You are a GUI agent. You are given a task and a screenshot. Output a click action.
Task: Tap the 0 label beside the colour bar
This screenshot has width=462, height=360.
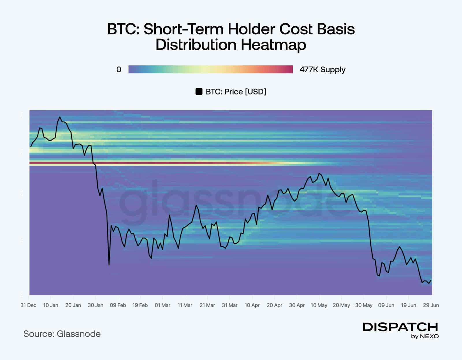[119, 70]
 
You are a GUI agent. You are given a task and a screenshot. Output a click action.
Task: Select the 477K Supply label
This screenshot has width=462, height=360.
[322, 70]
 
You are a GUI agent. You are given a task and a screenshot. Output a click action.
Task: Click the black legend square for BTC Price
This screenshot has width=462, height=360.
[199, 92]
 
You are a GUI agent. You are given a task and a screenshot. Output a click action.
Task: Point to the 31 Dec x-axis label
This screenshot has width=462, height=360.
[28, 305]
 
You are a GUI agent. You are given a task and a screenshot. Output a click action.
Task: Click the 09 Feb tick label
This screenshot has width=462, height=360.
[118, 305]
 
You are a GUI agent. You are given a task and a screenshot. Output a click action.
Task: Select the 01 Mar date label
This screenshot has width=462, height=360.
[163, 305]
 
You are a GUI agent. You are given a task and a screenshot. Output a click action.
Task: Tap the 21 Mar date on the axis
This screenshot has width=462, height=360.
[207, 305]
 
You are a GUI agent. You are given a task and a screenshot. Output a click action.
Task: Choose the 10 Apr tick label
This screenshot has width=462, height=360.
[252, 305]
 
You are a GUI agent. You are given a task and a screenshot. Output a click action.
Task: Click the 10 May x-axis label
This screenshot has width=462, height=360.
[319, 305]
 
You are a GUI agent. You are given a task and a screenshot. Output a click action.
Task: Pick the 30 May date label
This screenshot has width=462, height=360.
[364, 305]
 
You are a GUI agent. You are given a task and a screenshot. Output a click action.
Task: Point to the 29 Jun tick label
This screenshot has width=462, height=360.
[431, 305]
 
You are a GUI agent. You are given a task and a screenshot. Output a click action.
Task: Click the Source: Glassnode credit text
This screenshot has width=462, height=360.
[62, 334]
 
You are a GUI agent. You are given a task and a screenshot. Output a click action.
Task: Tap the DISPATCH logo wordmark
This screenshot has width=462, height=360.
[400, 327]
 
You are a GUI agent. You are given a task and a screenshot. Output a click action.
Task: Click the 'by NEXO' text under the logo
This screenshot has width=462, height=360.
[425, 336]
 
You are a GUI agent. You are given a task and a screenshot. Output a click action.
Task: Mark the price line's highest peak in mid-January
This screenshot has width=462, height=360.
[60, 117]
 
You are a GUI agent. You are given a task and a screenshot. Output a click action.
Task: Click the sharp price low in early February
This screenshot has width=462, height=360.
[109, 265]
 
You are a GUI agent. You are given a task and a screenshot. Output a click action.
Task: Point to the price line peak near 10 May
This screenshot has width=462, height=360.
[319, 174]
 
